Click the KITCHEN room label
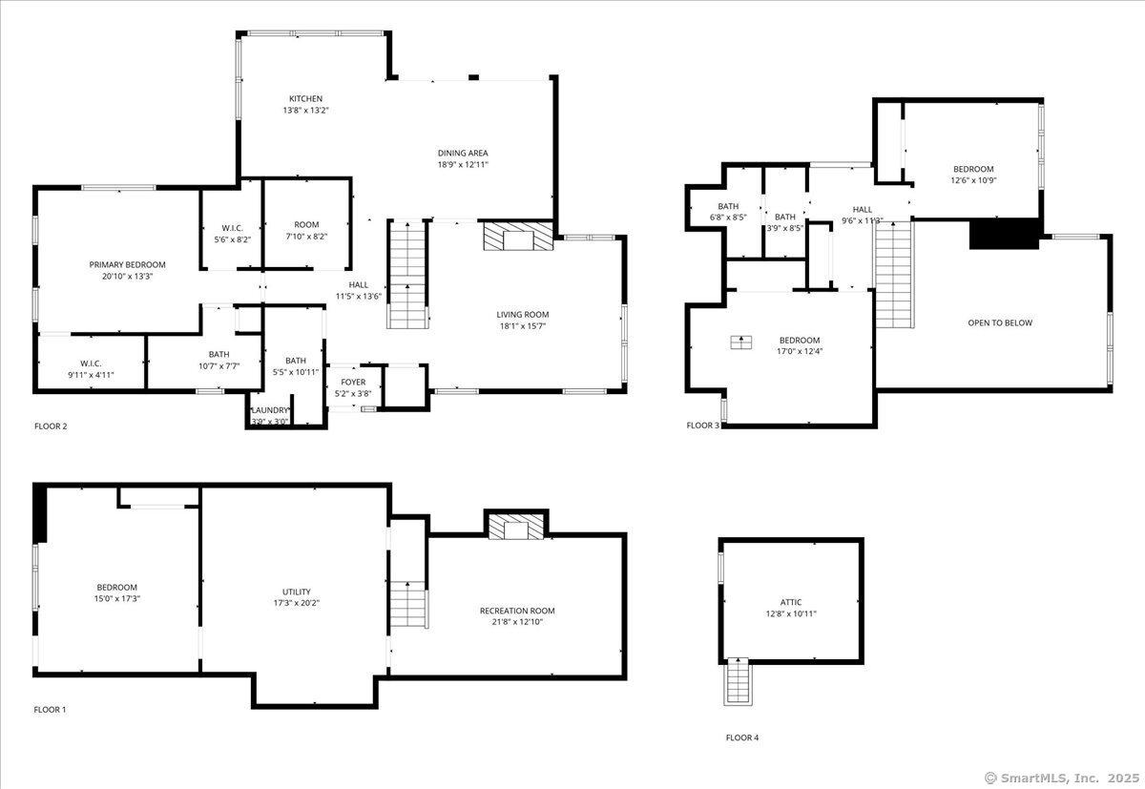(x=305, y=98)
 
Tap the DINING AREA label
(x=463, y=153)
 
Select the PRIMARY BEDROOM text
(x=127, y=264)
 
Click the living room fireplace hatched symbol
(x=518, y=236)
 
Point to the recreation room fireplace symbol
(x=516, y=527)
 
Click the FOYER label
(x=353, y=383)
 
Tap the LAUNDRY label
(x=270, y=410)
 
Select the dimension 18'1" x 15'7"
(x=523, y=326)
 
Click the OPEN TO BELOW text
(x=1000, y=323)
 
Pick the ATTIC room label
(x=791, y=602)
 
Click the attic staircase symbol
(x=738, y=682)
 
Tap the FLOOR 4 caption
(x=742, y=737)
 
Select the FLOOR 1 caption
(x=50, y=709)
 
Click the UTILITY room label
(x=297, y=592)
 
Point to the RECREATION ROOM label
(x=517, y=611)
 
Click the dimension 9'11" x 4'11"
(x=91, y=375)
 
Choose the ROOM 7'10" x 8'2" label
(x=306, y=231)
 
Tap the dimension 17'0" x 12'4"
(x=800, y=352)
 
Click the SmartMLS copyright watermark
(x=1062, y=779)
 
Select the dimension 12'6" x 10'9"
(x=974, y=180)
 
